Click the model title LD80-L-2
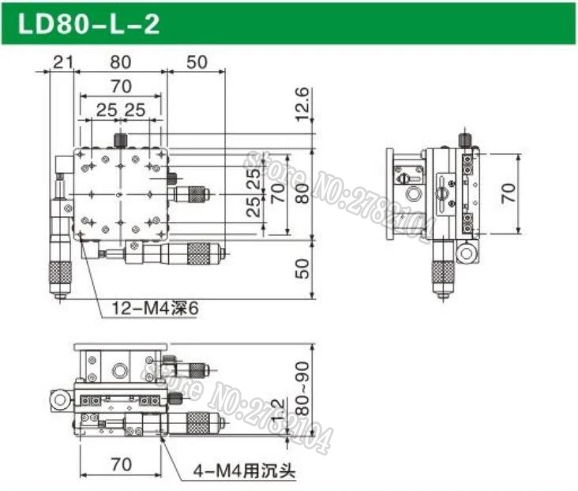pos(88,24)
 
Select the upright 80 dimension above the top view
pos(119,61)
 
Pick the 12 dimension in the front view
pos(278,410)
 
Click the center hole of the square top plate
pos(119,193)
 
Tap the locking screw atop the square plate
pos(120,140)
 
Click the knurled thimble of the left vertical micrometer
pos(58,274)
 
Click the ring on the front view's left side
pos(58,401)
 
